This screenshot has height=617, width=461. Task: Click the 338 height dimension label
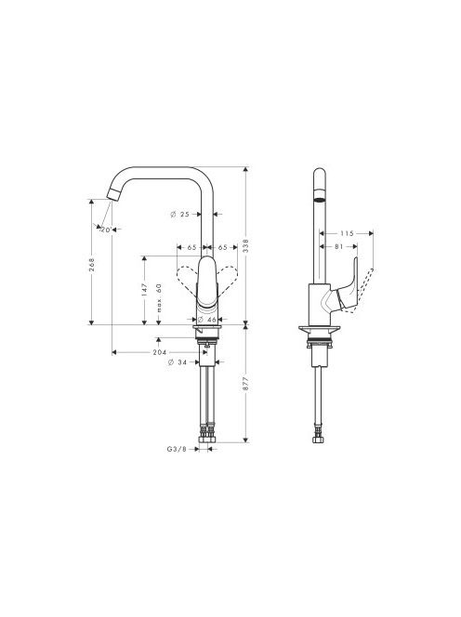[x=246, y=245]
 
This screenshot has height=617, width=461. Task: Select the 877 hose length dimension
[x=246, y=384]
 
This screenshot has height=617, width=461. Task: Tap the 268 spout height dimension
[x=92, y=265]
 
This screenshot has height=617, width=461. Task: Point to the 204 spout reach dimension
[x=160, y=352]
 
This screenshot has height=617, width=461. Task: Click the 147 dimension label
[x=144, y=290]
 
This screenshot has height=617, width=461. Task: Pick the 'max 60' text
[x=159, y=298]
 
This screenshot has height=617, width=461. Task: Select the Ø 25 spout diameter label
[x=180, y=215]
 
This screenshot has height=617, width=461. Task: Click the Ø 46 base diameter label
[x=207, y=320]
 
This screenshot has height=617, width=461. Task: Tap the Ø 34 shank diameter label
[x=178, y=362]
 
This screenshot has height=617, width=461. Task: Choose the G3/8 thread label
[x=177, y=449]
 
